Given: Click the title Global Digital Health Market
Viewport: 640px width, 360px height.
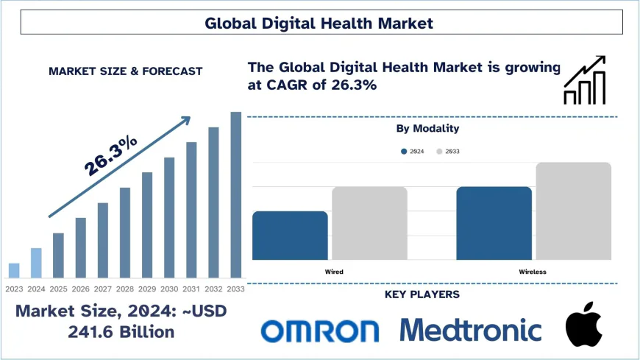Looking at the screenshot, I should point(319,23).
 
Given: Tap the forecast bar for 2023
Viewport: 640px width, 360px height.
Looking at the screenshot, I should point(14,270).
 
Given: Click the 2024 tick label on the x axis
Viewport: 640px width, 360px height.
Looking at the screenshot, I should point(36,289).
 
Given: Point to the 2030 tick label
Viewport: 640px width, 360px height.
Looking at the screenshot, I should point(169,289).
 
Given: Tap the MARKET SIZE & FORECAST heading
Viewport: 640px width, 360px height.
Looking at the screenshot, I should point(125,71).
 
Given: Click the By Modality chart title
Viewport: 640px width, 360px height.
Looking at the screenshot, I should point(427,128).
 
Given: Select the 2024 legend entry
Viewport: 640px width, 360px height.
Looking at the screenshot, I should point(412,151).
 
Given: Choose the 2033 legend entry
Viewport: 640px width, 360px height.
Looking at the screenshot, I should point(448,151).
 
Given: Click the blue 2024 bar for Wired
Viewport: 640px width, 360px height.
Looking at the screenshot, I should point(290,236).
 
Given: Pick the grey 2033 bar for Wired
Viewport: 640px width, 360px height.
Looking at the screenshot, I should point(369,223).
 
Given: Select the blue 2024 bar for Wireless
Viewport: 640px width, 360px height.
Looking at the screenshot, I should point(494,223).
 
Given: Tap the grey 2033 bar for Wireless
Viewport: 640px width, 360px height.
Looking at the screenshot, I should point(573,211).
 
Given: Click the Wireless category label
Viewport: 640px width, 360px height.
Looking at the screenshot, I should point(533,272).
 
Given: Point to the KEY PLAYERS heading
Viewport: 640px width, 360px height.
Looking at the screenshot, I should point(422,294).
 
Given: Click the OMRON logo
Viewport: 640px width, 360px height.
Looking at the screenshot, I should point(320,331).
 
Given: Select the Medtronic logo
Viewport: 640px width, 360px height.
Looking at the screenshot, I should point(471,330).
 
